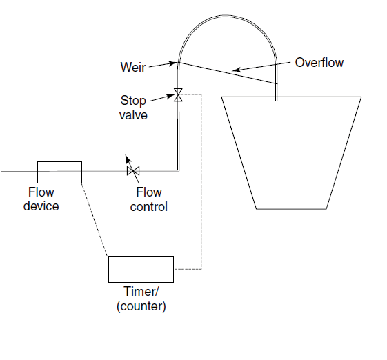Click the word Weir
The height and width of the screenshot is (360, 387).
(133, 67)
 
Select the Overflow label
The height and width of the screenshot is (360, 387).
(319, 63)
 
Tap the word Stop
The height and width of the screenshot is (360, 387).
(133, 101)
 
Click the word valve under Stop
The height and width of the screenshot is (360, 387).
(133, 115)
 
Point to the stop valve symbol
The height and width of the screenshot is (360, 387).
(178, 95)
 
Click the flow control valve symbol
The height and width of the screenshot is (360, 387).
(133, 171)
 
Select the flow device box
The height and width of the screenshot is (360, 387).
(59, 172)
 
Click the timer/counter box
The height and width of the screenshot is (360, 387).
(141, 269)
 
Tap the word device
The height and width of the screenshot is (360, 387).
(41, 206)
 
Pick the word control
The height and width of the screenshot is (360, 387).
(148, 207)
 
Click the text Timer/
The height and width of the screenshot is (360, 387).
(141, 292)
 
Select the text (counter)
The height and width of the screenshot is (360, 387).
(141, 306)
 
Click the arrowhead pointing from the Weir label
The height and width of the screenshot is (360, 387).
(173, 63)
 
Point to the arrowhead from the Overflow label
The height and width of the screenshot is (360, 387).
(237, 70)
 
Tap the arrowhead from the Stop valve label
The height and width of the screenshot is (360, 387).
(170, 96)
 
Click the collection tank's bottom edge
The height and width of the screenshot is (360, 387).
(291, 209)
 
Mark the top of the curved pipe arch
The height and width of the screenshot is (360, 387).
(226, 16)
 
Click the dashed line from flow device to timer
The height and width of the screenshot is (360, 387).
(95, 219)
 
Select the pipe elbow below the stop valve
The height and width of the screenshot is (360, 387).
(178, 170)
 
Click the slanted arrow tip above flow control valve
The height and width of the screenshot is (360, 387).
(126, 155)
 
